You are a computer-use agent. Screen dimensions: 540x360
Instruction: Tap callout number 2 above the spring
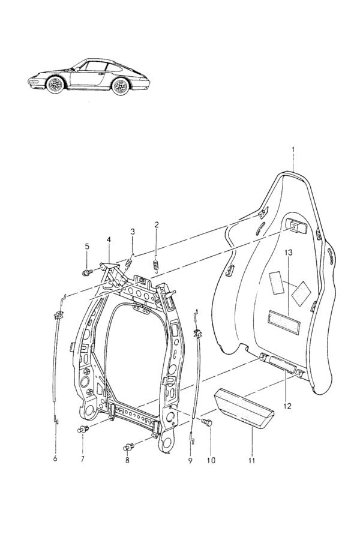click(157, 225)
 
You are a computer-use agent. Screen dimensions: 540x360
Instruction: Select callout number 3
click(133, 232)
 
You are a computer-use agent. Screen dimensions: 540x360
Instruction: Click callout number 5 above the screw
click(86, 246)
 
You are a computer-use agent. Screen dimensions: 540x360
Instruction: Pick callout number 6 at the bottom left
click(55, 460)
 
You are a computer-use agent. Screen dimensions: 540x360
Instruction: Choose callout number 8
click(128, 460)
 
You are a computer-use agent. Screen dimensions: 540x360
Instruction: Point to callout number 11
click(251, 460)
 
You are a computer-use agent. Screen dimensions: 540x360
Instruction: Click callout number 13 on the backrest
click(289, 253)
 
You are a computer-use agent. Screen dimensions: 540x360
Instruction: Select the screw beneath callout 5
click(86, 272)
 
